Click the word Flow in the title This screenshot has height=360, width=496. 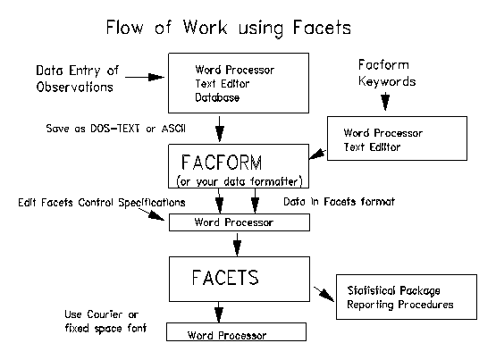124,27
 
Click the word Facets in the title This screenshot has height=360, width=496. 322,27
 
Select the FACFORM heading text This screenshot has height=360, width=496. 222,163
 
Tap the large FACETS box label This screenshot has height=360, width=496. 225,278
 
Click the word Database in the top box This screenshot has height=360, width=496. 217,97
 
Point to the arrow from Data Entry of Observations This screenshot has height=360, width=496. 145,77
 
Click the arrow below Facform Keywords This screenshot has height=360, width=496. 385,101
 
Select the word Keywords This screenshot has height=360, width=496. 387,81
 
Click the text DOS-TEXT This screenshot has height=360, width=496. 114,129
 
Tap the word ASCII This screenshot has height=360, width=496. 173,129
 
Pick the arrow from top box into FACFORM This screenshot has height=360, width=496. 220,129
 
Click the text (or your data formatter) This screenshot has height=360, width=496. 240,181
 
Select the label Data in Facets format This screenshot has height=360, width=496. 339,201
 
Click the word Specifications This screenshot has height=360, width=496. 152,202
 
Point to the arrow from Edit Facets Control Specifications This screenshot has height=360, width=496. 152,214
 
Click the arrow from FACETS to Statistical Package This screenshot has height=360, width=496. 324,294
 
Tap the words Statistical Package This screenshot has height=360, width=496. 393,290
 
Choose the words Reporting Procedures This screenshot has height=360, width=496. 400,305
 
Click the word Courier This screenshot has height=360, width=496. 105,314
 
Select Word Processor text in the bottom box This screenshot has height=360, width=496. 227,335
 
